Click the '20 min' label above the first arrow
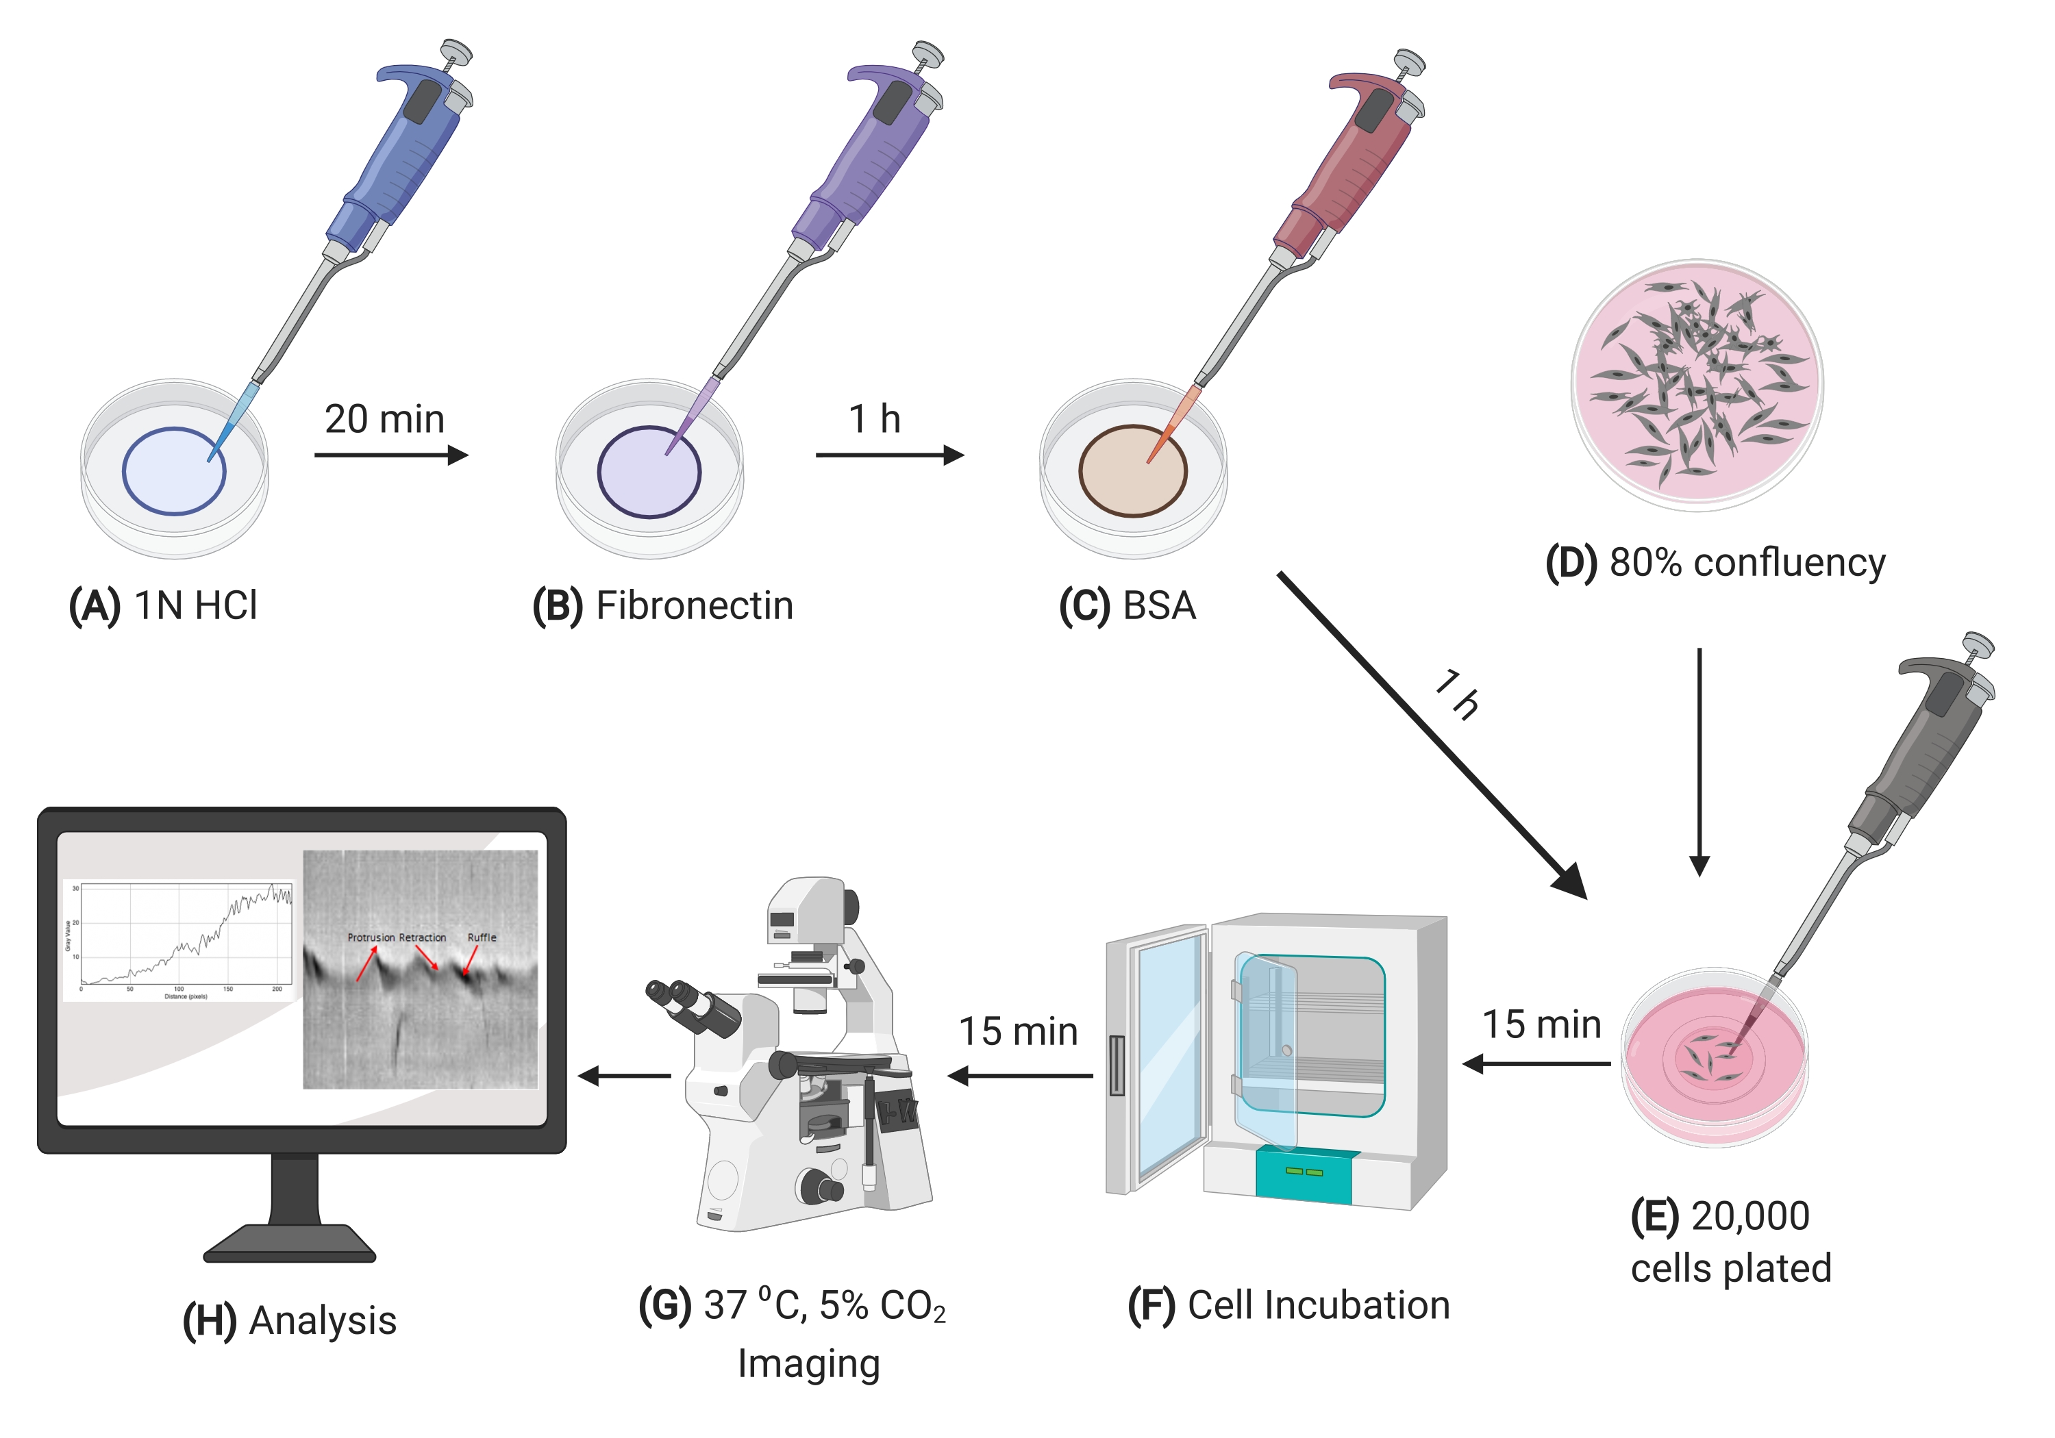tap(384, 420)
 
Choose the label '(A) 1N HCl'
tap(163, 606)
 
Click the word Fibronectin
tap(695, 606)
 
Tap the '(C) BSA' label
tap(1127, 606)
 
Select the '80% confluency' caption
tap(1747, 563)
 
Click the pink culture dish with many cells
tap(1697, 385)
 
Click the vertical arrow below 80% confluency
tap(1699, 761)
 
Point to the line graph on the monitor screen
tap(179, 939)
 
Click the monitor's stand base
tap(289, 1243)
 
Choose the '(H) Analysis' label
tap(289, 1322)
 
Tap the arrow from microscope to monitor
tap(624, 1076)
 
